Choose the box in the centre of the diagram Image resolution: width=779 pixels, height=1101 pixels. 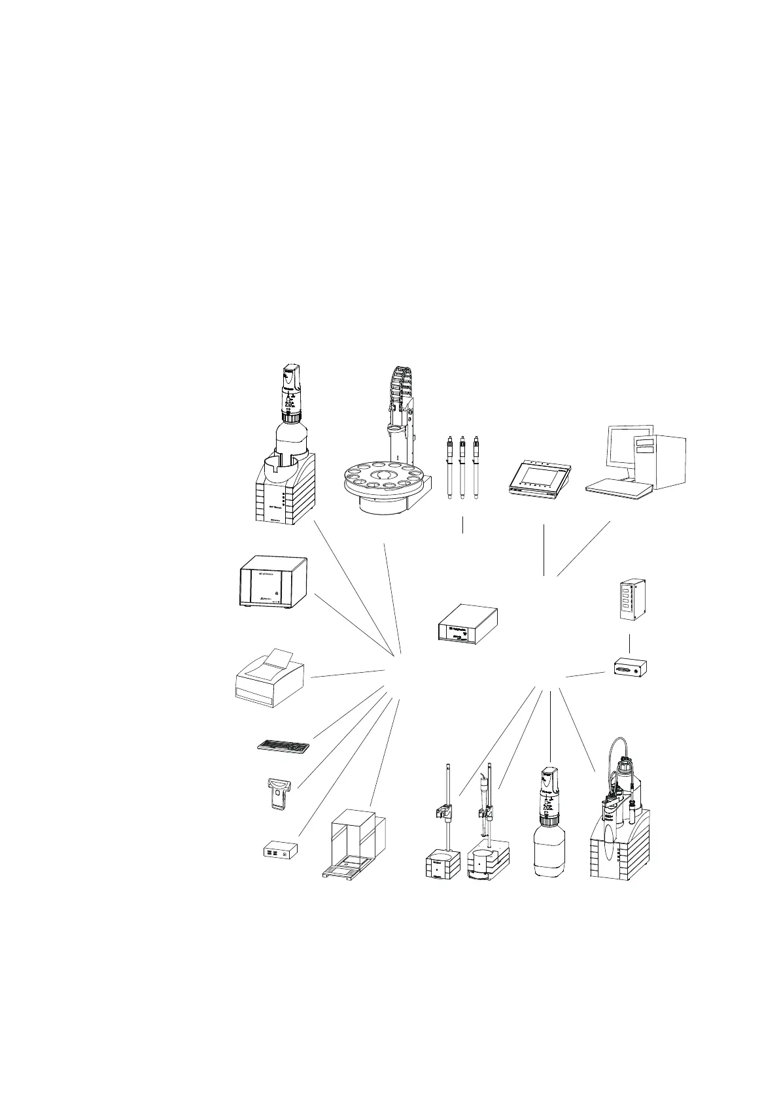(x=467, y=624)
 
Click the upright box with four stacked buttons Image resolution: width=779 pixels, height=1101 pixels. (x=630, y=599)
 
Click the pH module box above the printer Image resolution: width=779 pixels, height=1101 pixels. (x=271, y=583)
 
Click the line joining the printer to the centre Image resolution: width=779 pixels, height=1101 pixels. (x=347, y=674)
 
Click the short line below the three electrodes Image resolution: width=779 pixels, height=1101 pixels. (x=462, y=525)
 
